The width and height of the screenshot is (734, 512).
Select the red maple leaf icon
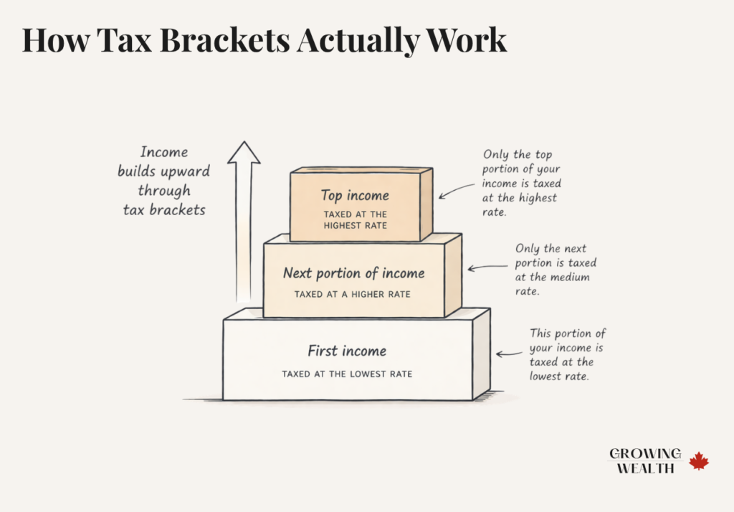click(x=699, y=460)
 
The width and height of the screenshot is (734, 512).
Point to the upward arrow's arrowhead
click(x=244, y=153)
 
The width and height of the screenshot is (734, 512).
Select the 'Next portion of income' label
click(x=353, y=273)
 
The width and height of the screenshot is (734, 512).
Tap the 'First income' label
click(x=347, y=351)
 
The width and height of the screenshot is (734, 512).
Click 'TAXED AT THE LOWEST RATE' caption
click(x=347, y=374)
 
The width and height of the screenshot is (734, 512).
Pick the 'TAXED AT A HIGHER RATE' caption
click(x=353, y=295)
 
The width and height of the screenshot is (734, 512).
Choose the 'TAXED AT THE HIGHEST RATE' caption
click(x=356, y=220)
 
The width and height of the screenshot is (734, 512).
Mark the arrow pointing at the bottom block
click(x=509, y=354)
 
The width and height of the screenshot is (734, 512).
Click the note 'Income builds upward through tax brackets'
click(x=164, y=181)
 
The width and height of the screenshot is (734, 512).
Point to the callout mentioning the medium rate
click(x=556, y=270)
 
